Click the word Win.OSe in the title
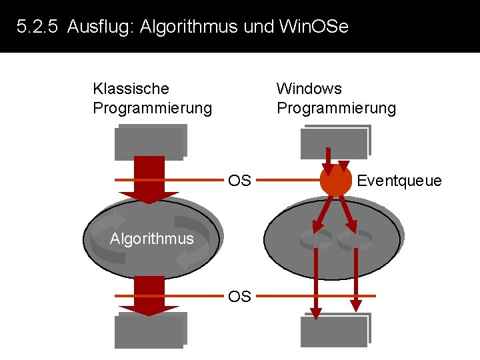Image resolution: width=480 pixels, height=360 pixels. coord(313,27)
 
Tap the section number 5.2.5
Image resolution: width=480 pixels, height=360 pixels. coord(39,27)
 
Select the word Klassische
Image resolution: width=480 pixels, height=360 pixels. coord(131,89)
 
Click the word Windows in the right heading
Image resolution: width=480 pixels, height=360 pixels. coord(309,89)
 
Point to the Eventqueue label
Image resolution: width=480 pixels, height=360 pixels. coord(399,181)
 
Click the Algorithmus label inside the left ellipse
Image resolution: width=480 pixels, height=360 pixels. coord(151,239)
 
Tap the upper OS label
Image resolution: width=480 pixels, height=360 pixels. coord(239,181)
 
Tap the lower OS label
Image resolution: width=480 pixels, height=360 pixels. coord(239,296)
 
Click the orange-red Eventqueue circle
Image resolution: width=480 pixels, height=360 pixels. coord(335,180)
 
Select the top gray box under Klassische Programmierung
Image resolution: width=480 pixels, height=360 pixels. coord(150,142)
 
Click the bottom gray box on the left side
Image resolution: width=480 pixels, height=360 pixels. coord(150,330)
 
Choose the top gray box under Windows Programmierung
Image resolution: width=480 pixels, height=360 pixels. coord(335,142)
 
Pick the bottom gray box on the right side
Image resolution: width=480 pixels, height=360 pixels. coord(335,330)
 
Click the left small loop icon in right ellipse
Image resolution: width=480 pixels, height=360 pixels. coord(315,239)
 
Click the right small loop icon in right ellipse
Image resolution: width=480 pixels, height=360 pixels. coord(355,239)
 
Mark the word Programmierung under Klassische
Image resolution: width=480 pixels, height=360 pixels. coord(152,108)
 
